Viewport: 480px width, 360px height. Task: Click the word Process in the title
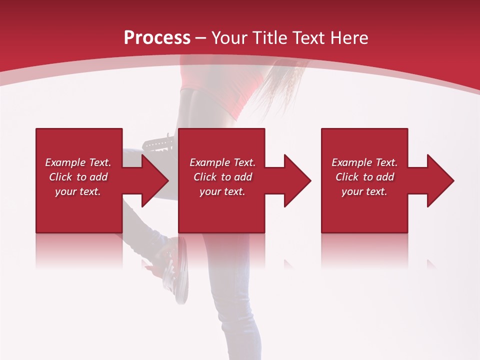click(157, 38)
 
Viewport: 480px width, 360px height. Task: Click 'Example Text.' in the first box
click(78, 162)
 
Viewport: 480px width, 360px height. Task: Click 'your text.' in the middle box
click(222, 191)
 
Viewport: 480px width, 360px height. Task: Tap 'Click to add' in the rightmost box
click(364, 177)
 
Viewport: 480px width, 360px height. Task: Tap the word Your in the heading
click(228, 38)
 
